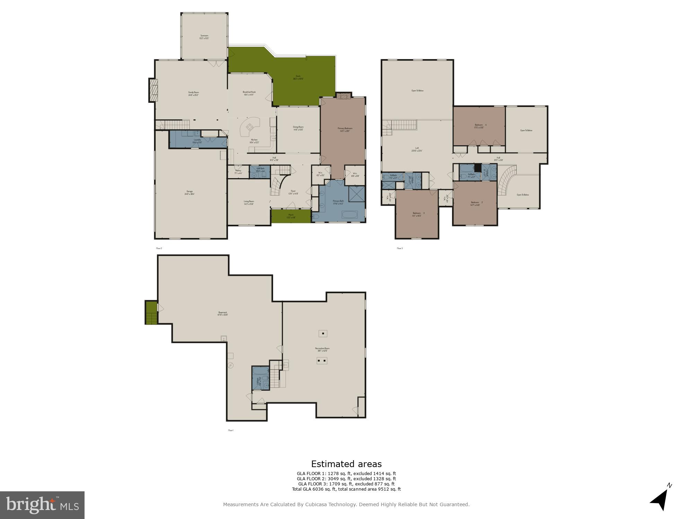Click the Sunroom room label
click(x=204, y=37)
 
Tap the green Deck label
click(x=298, y=77)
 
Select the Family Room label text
click(x=193, y=93)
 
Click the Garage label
click(x=190, y=192)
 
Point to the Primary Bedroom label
click(x=345, y=129)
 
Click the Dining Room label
click(x=298, y=128)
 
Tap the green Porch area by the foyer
click(x=291, y=216)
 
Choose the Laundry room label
click(x=197, y=141)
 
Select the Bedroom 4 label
click(x=480, y=126)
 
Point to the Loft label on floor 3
click(x=417, y=149)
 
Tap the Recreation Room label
click(x=322, y=349)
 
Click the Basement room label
click(x=222, y=313)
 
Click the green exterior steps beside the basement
click(x=151, y=313)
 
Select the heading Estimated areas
click(x=346, y=464)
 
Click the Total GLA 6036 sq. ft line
click(x=346, y=489)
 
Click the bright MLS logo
click(x=42, y=505)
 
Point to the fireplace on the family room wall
click(x=153, y=90)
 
